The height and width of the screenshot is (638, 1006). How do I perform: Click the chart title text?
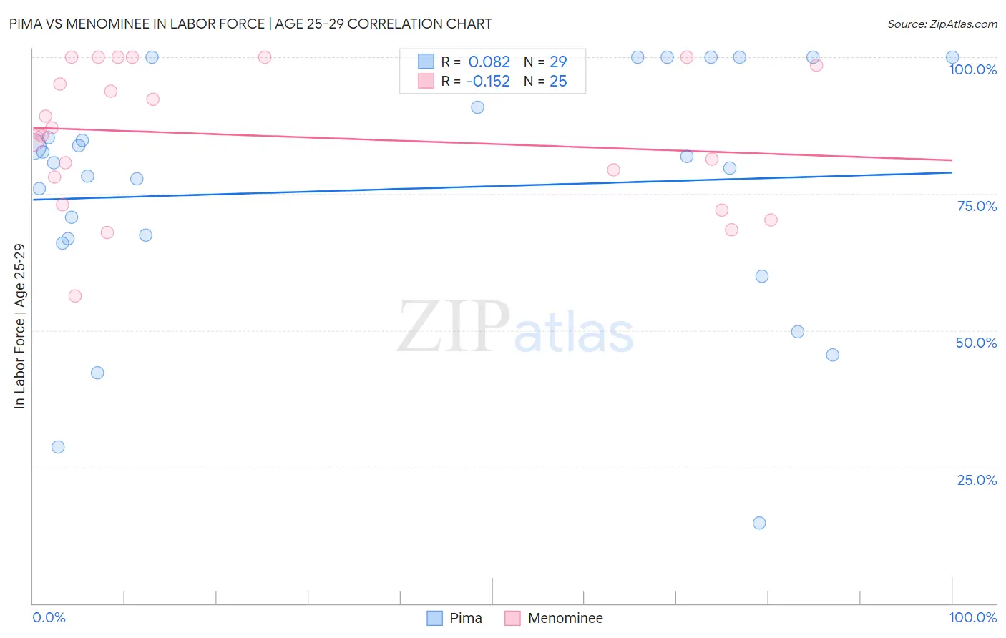pos(250,24)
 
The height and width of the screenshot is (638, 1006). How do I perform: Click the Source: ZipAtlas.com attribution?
pos(942,24)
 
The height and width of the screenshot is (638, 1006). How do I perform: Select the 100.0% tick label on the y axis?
pos(972,69)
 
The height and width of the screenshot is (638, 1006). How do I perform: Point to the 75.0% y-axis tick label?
pos(977,206)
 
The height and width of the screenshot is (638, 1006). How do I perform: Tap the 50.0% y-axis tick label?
pos(976,343)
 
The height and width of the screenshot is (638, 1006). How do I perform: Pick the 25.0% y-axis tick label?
pos(977,480)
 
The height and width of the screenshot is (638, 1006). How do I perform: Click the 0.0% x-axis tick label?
pos(49,617)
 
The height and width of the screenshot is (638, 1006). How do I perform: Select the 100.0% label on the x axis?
pos(972,617)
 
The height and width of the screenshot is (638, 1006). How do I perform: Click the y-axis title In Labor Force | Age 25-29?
pos(19,326)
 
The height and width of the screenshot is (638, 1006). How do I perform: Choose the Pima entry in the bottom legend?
pos(465,618)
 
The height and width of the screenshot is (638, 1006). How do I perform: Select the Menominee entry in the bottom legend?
pos(565,618)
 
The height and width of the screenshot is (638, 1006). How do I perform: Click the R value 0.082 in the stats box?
pos(489,62)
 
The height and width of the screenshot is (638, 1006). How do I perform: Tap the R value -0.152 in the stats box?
pos(487,82)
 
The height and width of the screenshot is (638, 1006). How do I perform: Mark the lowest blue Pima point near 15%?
pos(759,523)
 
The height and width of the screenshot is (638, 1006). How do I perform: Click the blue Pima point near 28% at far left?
pos(58,447)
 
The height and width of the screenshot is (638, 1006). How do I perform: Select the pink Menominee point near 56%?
pos(75,296)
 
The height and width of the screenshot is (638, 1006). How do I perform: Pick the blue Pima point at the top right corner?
pos(952,57)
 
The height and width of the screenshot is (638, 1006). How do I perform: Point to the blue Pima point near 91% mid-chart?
pos(477,107)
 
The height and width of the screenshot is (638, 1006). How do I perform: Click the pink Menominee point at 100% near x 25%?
pos(265,57)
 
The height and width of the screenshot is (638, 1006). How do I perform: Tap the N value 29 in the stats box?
pos(558,62)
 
